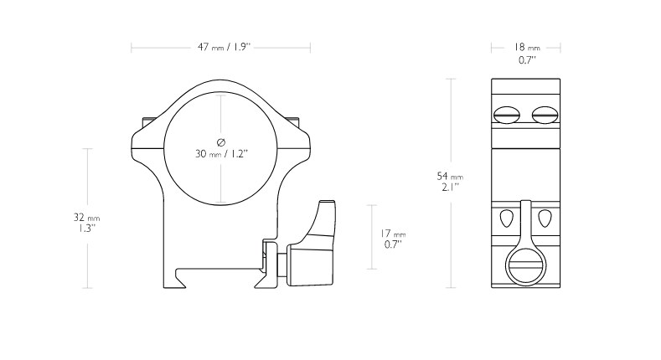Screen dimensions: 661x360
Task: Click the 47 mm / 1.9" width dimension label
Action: [224, 47]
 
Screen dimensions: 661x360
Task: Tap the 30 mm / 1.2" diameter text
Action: [221, 154]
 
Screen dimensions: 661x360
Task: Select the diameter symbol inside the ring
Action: [221, 142]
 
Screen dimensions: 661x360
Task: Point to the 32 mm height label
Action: [87, 218]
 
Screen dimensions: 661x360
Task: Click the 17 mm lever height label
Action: [393, 234]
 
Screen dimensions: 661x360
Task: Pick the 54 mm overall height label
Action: [450, 176]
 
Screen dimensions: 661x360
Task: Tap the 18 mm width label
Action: [526, 47]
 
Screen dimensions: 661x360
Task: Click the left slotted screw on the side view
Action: [506, 115]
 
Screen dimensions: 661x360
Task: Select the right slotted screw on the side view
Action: [545, 115]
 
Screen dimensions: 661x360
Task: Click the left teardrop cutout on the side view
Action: [507, 219]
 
